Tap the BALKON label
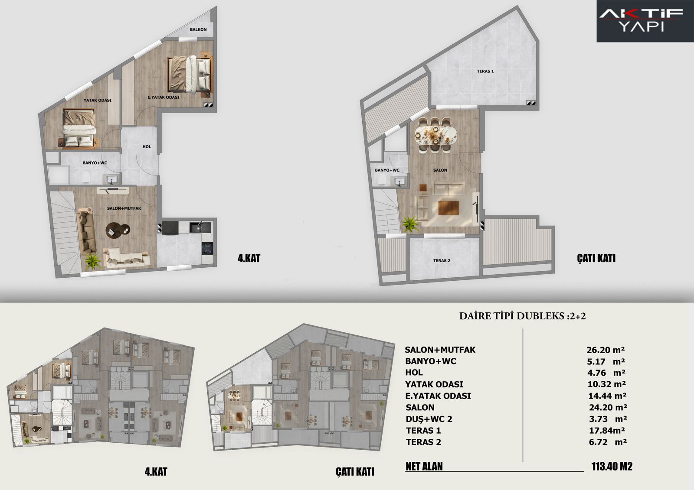coord(198,29)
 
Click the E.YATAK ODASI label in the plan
coord(163,97)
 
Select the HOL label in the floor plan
coord(147,146)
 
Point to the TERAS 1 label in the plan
coord(485,71)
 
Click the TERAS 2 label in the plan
coord(442,261)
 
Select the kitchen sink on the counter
coord(200,227)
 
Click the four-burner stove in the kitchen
coord(207,248)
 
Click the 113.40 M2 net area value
coord(612,466)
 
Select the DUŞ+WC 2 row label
coord(429,419)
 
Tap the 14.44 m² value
coord(607,396)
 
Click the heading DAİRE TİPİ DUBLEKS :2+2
coord(522,316)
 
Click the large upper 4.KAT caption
coord(249,258)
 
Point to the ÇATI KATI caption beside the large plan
coord(596,258)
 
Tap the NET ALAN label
coord(424,466)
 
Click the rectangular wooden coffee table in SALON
coord(449,208)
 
